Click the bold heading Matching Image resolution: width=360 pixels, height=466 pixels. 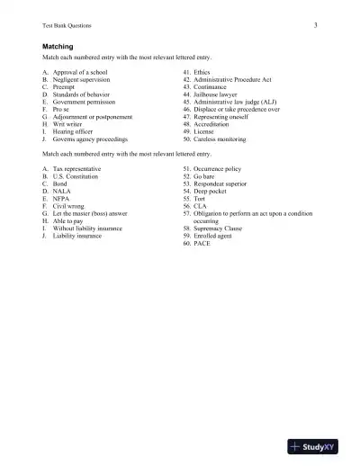(58, 45)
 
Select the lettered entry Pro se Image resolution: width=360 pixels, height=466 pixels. (66, 110)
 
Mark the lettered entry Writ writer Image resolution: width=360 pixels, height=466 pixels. (71, 124)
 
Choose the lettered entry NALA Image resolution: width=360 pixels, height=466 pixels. (65, 192)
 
